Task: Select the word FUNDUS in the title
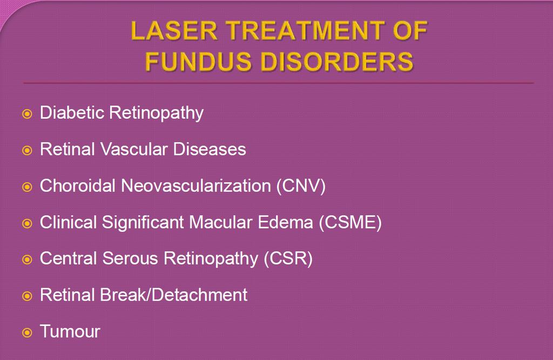click(198, 62)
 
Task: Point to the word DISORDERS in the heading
click(337, 62)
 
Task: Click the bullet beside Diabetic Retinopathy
click(27, 114)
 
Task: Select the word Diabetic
click(72, 113)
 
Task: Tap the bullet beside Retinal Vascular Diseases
click(27, 151)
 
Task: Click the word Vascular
click(134, 149)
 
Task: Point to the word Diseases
click(210, 149)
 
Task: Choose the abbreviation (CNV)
click(301, 186)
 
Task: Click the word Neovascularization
click(195, 186)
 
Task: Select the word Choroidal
click(78, 186)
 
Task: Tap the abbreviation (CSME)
click(350, 222)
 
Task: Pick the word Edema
click(285, 222)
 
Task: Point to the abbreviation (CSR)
click(288, 259)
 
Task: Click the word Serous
click(130, 259)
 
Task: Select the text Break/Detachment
click(173, 295)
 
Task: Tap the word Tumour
click(70, 331)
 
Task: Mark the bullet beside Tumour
click(27, 333)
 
